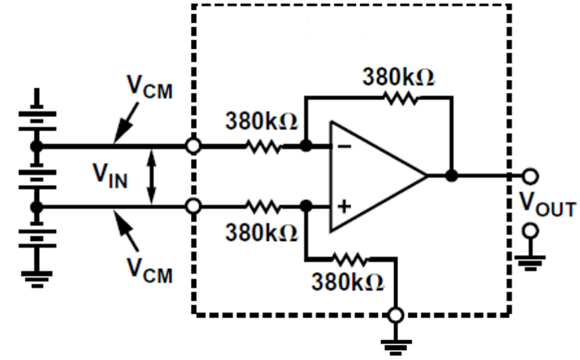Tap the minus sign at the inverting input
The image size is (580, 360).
coord(345,147)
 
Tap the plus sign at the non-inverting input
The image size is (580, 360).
coord(345,206)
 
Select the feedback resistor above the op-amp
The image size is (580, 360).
coord(400,99)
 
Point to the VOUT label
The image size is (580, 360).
coord(548,207)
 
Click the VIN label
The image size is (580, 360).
coord(110,175)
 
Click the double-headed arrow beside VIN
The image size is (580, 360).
coord(151,176)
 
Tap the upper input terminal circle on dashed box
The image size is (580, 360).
coord(192,147)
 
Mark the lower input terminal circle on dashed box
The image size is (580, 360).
coord(192,206)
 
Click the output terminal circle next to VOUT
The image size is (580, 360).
coord(530,175)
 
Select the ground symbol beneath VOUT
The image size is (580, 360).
coord(530,258)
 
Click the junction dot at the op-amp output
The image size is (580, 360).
coord(452,175)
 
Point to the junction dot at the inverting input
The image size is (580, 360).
coord(306,147)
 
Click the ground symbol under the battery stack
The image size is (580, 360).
coord(37,277)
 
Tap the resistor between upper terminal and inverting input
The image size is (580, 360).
coord(262,147)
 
